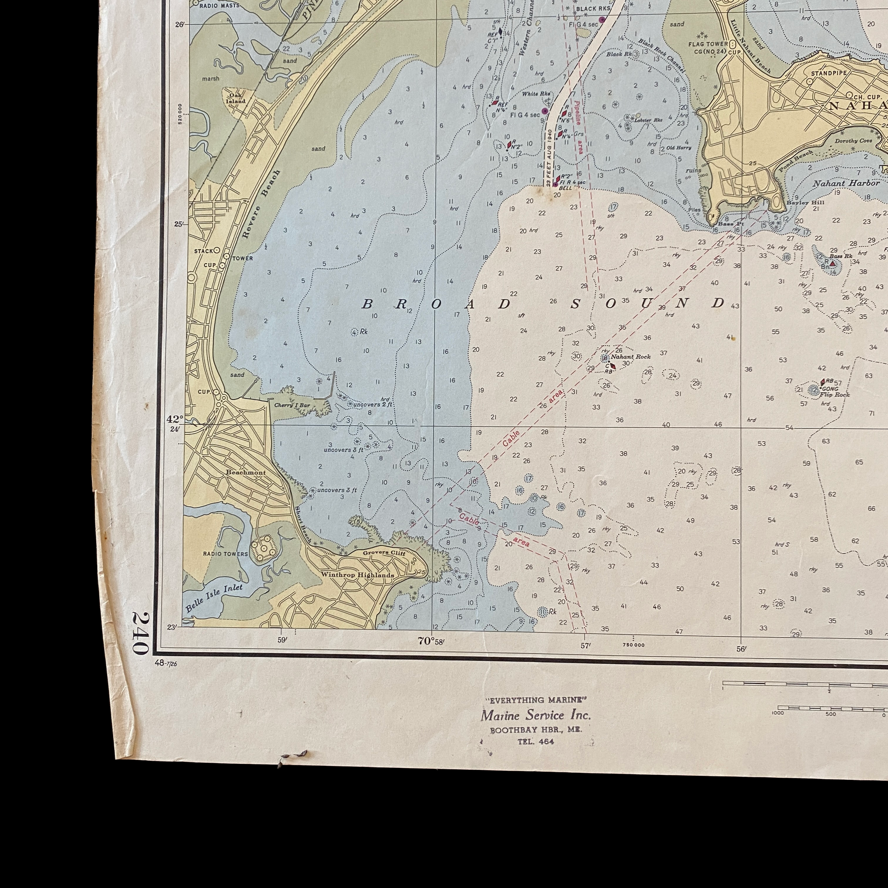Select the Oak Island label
coord(238,98)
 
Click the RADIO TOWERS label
coord(225,554)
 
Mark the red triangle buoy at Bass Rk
coord(832,263)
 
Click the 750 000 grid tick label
coord(633,645)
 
